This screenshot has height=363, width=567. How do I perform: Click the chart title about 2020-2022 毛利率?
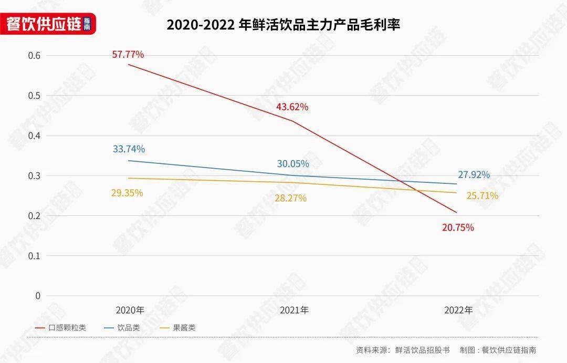point(283,25)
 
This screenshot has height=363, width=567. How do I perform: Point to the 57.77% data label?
point(128,54)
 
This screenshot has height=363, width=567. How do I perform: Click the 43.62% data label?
point(292,107)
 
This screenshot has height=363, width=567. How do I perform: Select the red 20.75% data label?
point(458,227)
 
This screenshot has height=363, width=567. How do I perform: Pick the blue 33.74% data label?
point(129,149)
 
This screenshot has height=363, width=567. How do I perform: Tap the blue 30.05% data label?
point(293,163)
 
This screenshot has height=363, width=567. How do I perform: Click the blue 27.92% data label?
point(474,174)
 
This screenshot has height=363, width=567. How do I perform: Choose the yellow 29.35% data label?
point(127,193)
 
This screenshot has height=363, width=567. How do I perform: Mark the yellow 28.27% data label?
point(290,198)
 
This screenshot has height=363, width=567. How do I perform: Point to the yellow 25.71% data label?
point(482,196)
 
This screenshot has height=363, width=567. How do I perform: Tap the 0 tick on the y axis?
point(38,296)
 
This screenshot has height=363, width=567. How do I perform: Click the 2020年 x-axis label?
point(129,310)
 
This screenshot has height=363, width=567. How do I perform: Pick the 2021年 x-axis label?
point(294,310)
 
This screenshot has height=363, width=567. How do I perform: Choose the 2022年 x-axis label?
point(458,310)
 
